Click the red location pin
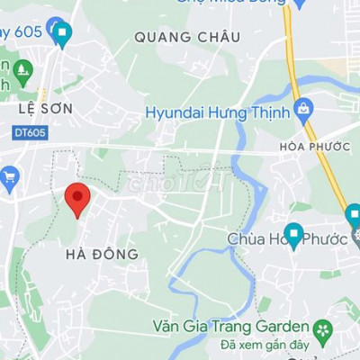point(78,198)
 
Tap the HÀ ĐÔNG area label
point(103,255)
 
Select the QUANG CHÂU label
point(187,37)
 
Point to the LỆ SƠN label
point(44,108)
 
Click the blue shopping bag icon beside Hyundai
point(303,111)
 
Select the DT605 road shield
point(31,132)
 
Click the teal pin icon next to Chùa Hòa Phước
point(292,235)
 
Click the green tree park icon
point(23,68)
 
